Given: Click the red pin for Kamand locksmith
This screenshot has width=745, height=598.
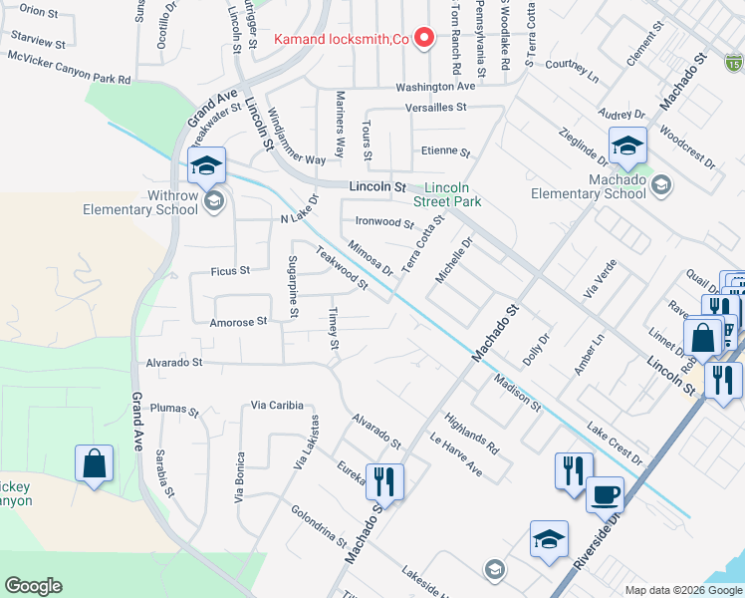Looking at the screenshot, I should (x=424, y=39).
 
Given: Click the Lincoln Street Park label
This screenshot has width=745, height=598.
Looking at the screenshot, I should (x=453, y=194).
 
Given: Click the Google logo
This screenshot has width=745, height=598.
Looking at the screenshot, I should (x=33, y=586).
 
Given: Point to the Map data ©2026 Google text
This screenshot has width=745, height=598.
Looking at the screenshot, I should (x=683, y=589).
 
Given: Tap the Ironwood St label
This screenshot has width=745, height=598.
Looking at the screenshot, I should (x=383, y=223).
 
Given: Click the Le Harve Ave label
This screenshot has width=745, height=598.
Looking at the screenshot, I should (x=455, y=453).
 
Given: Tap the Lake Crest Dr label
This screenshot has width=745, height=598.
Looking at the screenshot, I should (x=616, y=445).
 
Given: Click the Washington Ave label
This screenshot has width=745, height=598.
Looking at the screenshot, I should (x=435, y=87).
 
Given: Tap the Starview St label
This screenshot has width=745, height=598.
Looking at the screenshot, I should (x=38, y=44).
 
